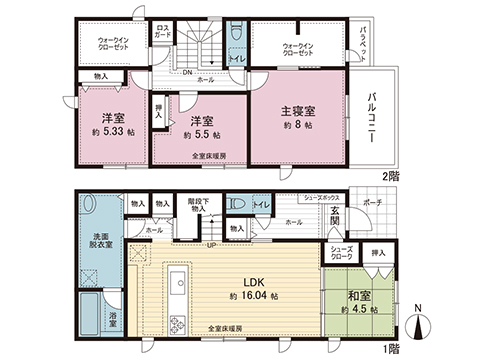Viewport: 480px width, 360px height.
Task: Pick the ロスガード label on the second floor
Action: pos(162,31)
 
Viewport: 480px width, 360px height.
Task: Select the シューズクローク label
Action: pos(339,257)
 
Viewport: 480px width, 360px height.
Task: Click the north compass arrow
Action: pos(420,325)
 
